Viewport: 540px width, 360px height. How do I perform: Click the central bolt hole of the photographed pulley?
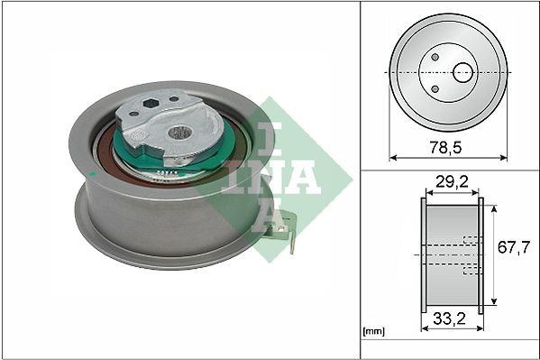pyautogui.click(x=179, y=134)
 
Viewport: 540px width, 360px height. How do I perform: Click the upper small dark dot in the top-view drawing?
pyautogui.click(x=435, y=57)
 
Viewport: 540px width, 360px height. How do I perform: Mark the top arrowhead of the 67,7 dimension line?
pyautogui.click(x=495, y=207)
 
